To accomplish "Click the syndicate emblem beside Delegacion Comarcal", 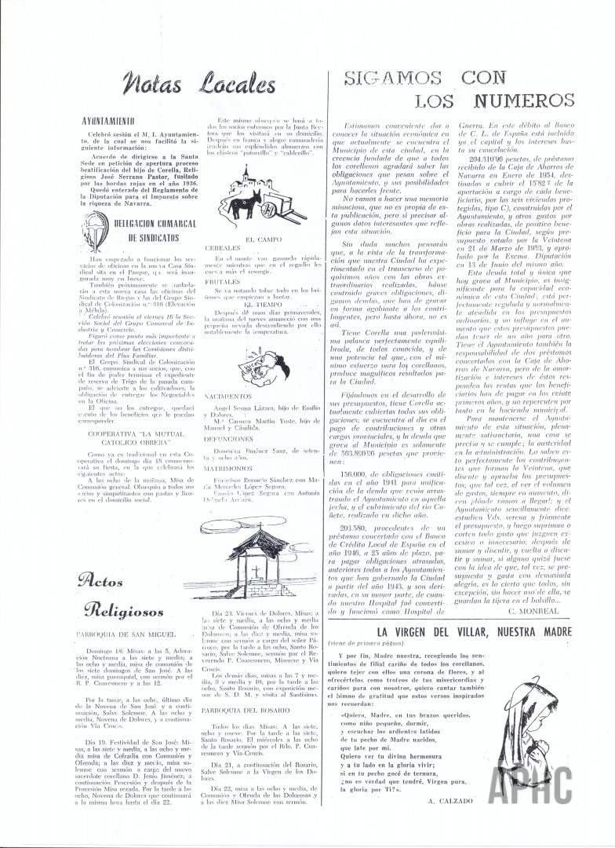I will coord(93,232).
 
